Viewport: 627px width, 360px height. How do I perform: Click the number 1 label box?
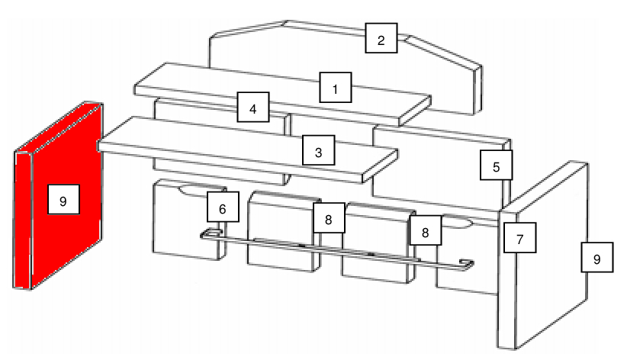point(336,88)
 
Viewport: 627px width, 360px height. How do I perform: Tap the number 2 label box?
point(381,38)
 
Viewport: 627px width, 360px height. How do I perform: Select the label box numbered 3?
point(318,150)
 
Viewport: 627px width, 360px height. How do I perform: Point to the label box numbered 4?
point(253,108)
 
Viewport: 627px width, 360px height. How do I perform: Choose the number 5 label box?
point(497,166)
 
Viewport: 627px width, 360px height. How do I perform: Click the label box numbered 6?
point(223,207)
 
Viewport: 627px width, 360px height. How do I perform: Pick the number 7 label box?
point(520,238)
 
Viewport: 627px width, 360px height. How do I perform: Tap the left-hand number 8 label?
point(329,218)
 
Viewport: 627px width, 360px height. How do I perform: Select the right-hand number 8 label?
point(426,230)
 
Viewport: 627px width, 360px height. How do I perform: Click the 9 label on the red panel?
point(63,200)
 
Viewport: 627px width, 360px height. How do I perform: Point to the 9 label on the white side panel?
point(597,258)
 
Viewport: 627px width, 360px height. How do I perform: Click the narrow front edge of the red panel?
point(23,220)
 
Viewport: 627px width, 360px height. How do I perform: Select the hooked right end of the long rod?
point(466,265)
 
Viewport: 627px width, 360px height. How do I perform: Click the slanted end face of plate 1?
point(415,111)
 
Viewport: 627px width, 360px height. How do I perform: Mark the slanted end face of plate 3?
point(380,166)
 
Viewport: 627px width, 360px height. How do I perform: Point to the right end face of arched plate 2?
point(477,90)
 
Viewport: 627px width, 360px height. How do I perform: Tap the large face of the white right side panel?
point(551,256)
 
